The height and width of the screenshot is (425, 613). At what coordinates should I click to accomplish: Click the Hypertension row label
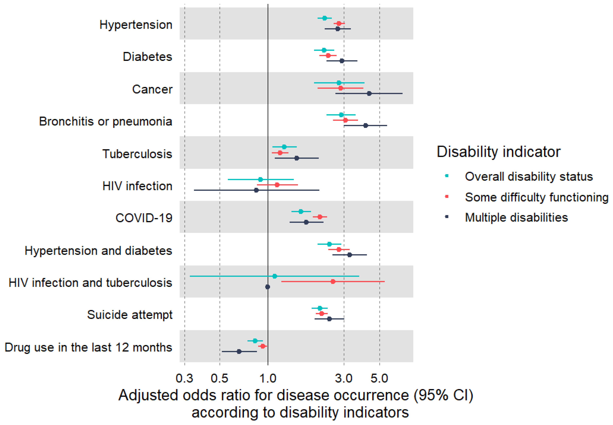[x=136, y=25]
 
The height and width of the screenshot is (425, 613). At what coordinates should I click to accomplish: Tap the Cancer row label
[x=152, y=89]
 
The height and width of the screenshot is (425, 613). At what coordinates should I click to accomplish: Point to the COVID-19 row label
[x=144, y=218]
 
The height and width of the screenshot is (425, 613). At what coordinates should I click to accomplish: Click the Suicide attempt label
[x=130, y=315]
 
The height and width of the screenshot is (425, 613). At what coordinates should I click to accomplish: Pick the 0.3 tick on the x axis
[x=185, y=378]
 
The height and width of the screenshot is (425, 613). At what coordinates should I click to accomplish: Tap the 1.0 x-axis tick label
[x=268, y=378]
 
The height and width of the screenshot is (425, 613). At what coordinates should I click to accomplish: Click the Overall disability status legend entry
[x=528, y=177]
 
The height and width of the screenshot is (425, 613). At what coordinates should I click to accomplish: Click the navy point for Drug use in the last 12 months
[x=239, y=352]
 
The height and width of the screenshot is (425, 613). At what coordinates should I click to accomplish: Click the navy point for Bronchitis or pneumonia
[x=366, y=125]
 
